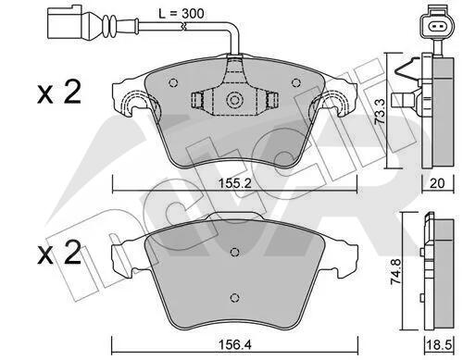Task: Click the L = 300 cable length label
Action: click(181, 14)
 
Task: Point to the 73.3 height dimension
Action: click(380, 111)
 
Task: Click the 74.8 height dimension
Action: click(396, 271)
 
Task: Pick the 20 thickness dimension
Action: click(437, 183)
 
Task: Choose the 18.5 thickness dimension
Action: click(438, 344)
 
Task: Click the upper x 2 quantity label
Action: click(59, 92)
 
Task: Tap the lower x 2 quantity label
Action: click(59, 253)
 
